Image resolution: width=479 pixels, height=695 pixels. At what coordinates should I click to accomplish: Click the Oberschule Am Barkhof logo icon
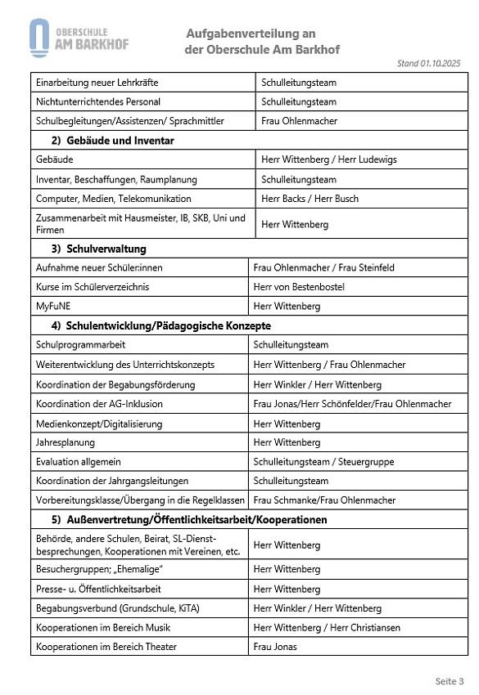tap(38, 37)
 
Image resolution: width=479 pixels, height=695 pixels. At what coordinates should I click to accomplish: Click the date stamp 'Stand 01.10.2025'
tap(428, 63)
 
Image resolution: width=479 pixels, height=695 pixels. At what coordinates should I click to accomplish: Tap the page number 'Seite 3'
tap(449, 680)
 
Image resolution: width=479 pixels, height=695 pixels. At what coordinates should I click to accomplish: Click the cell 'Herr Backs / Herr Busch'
tap(310, 199)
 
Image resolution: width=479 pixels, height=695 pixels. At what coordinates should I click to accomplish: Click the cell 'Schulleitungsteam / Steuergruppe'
tap(323, 462)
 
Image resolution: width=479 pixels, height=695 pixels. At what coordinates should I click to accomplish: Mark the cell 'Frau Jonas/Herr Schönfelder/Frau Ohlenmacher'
tap(352, 404)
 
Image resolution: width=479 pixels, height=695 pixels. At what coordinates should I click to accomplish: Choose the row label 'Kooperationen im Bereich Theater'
tap(106, 647)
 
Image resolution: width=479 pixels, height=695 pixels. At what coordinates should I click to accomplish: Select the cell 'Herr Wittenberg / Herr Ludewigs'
tap(328, 159)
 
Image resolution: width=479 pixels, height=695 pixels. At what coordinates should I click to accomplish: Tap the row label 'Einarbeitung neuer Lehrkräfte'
tap(97, 83)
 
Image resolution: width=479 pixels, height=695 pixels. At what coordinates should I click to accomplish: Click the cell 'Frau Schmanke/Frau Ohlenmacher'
tap(324, 500)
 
